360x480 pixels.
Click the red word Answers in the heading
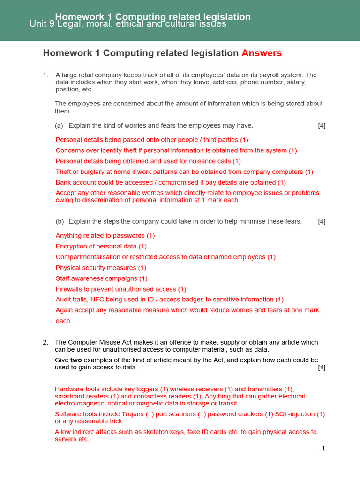coord(262,53)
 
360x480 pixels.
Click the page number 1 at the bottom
coord(323,449)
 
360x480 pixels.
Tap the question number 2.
coord(45,342)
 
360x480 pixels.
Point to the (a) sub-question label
coord(59,126)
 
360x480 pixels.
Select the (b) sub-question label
coord(60,221)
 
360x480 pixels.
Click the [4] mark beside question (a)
coord(322,126)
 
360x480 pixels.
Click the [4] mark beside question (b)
coord(322,221)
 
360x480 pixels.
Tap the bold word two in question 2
coord(76,360)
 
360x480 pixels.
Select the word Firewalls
coord(69,289)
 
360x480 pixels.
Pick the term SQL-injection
coord(295,414)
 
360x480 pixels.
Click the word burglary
coord(92,172)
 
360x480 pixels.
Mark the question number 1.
coord(45,75)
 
